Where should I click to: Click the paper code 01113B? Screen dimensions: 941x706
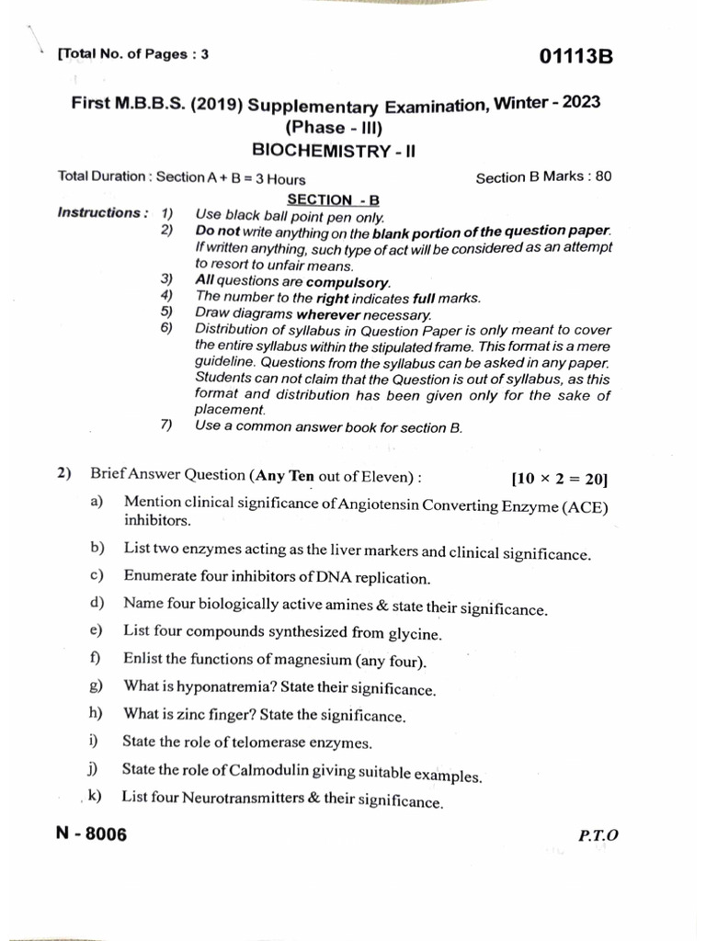[575, 58]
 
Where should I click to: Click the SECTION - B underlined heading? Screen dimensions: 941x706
[333, 198]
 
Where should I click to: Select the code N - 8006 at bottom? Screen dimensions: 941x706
[92, 834]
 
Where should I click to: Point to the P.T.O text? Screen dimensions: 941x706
[598, 835]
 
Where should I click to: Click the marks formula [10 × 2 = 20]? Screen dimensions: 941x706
[559, 479]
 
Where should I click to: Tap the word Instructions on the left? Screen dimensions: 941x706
[98, 213]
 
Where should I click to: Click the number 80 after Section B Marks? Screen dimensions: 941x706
[603, 176]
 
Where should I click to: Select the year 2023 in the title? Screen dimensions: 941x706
[578, 103]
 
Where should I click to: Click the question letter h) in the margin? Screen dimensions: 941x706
[96, 713]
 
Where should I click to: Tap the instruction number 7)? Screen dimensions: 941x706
[166, 425]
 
